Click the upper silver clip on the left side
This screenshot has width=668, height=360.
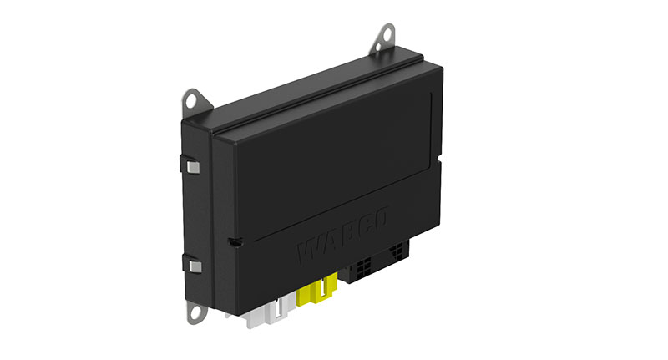click(194, 166)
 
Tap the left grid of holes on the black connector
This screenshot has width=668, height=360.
click(362, 269)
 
